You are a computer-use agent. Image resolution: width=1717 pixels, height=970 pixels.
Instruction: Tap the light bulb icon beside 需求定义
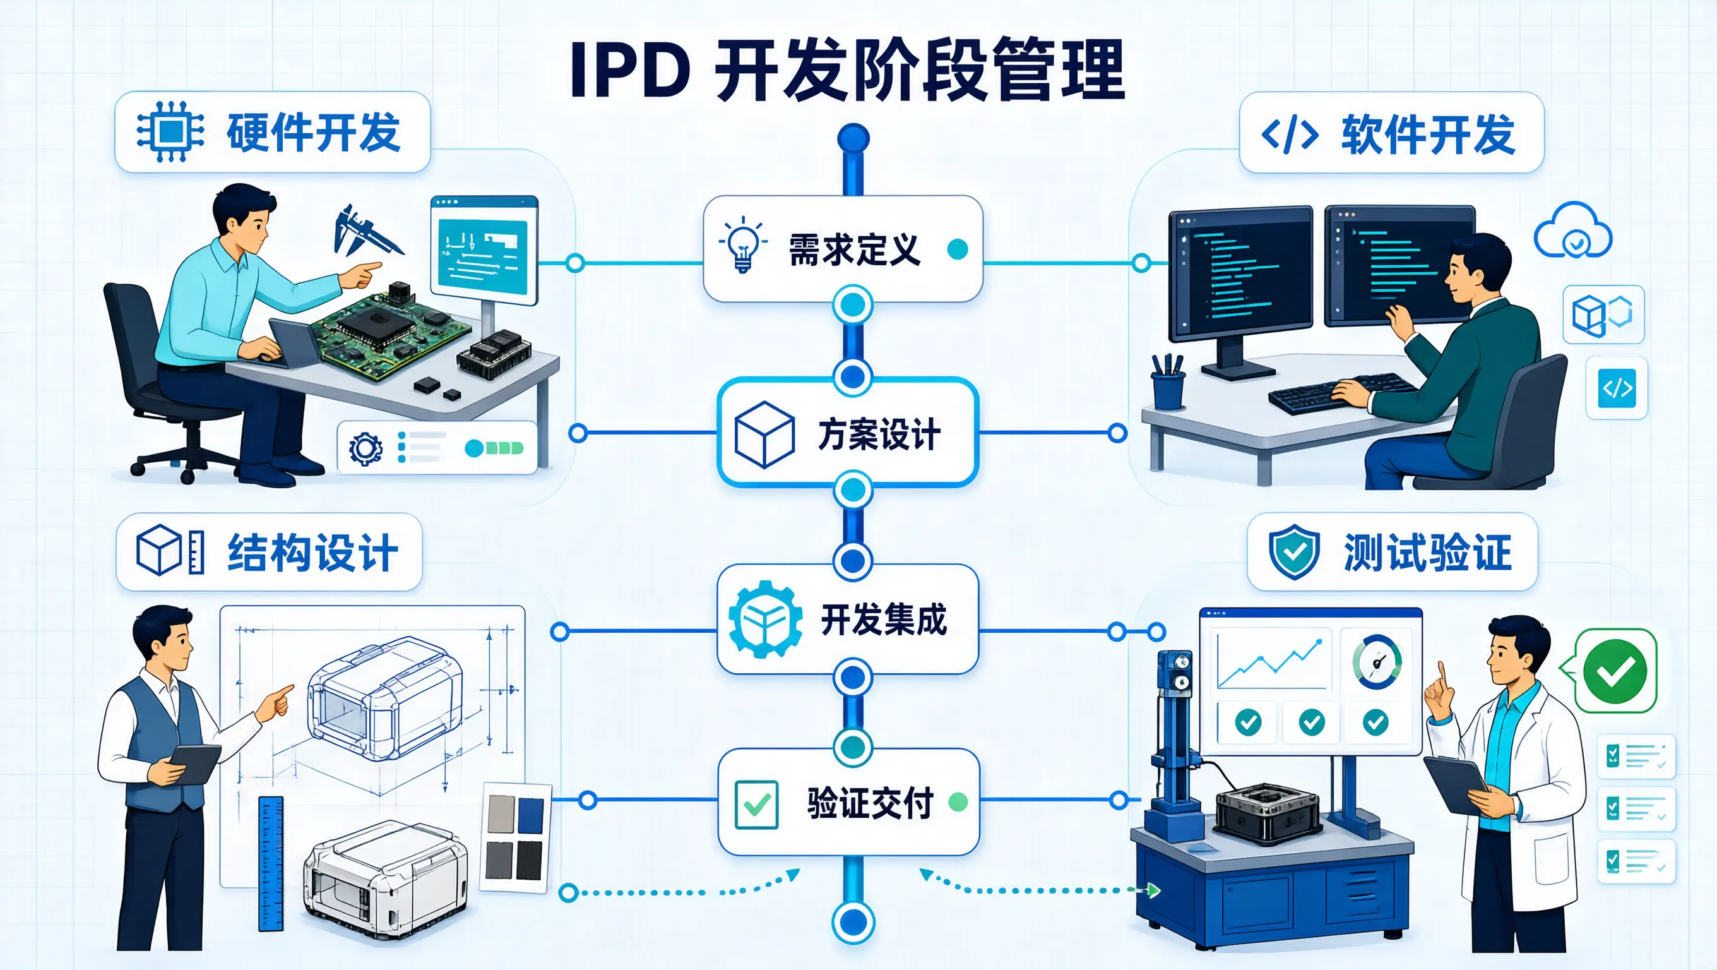742,244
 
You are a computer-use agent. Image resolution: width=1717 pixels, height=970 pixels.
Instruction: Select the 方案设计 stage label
879,434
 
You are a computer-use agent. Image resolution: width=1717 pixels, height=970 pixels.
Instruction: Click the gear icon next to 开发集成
765,620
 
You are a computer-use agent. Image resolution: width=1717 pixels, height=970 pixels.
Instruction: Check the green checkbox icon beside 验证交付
756,805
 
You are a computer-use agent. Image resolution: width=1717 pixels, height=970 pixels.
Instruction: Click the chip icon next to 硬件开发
170,132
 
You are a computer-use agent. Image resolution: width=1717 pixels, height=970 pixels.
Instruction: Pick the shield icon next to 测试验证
1295,552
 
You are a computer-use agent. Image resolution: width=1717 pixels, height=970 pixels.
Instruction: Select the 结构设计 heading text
313,553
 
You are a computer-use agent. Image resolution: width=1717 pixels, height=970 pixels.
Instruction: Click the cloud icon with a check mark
1573,230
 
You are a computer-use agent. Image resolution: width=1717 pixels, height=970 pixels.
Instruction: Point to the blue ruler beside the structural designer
271,863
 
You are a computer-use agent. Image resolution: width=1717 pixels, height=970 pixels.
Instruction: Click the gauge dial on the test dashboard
1376,662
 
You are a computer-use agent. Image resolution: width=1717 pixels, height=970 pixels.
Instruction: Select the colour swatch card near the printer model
514,837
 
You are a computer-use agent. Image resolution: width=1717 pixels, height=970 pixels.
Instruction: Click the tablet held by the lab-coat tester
1456,783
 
